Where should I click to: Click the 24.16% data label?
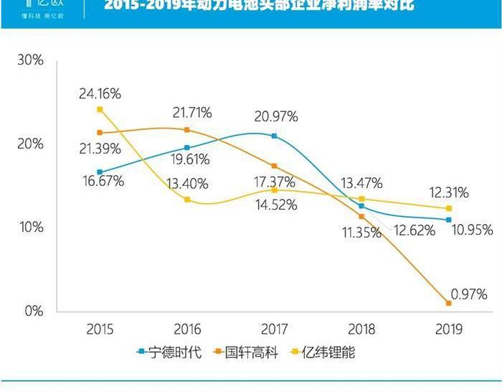[x=100, y=93]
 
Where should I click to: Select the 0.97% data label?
[x=469, y=294]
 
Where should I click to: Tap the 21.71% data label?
[x=191, y=113]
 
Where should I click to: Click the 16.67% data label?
[x=104, y=182]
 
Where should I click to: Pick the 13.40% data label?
[x=188, y=184]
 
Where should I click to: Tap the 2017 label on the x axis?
[x=274, y=330]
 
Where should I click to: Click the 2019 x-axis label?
[x=448, y=330]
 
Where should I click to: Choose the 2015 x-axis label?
[x=100, y=330]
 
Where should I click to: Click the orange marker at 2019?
[x=449, y=303]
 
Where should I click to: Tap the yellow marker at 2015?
[x=100, y=109]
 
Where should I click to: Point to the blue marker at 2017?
[x=274, y=136]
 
